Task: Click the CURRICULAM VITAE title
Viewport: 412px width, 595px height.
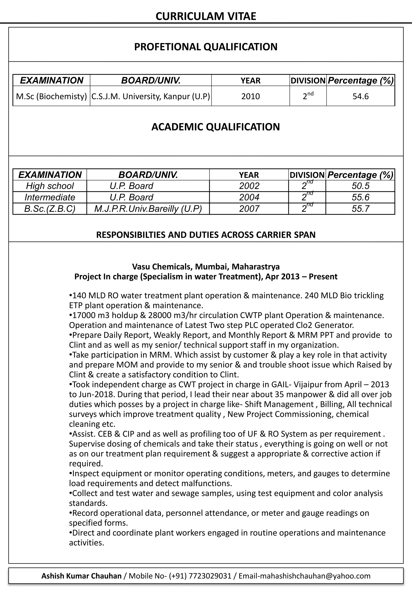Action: [206, 16]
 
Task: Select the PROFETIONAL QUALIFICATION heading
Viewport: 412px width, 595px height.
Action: [206, 47]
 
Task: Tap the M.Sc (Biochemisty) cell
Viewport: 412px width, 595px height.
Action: [51, 96]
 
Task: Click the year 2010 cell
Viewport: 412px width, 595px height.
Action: [250, 96]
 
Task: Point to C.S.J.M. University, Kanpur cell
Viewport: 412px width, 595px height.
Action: [150, 96]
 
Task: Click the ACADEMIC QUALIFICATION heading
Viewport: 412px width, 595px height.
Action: [215, 127]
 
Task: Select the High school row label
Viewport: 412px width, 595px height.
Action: [50, 186]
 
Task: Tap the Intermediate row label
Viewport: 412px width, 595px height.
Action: [50, 197]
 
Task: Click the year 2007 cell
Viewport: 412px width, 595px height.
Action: [249, 209]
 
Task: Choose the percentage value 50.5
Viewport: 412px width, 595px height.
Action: [360, 186]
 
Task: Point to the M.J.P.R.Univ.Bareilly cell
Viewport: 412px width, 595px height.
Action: [148, 209]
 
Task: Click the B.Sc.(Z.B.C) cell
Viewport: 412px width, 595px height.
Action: [50, 209]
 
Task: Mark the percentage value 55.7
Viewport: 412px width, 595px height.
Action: [360, 209]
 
